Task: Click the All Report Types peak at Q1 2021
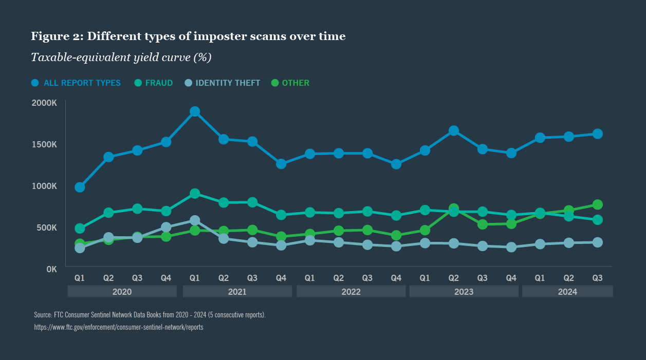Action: (x=195, y=111)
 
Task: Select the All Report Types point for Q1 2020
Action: (x=80, y=187)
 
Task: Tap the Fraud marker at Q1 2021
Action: (x=195, y=194)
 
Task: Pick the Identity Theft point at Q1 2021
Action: (x=195, y=220)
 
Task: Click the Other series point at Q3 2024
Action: (x=598, y=204)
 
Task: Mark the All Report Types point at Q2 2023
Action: (x=454, y=131)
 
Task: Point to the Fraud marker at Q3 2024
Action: (x=598, y=220)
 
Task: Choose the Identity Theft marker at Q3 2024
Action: (x=598, y=242)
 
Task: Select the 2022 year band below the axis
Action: (x=351, y=292)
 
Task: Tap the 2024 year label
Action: (x=567, y=292)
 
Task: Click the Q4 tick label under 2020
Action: (x=166, y=278)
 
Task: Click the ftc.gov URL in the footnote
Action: (x=118, y=327)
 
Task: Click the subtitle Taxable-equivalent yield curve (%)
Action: (x=121, y=57)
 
